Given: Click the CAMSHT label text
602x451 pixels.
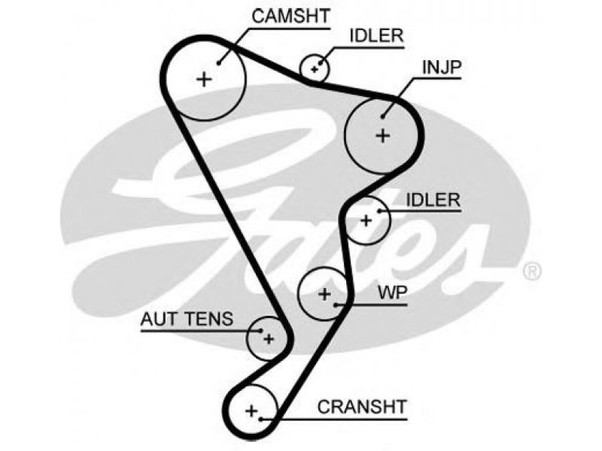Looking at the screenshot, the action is [x=291, y=16].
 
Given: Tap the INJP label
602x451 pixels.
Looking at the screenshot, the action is [x=442, y=67].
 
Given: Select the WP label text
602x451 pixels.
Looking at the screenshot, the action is [x=392, y=292].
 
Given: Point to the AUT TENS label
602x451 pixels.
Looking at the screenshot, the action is [x=187, y=319].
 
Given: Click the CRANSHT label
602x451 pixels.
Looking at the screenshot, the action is [x=362, y=407].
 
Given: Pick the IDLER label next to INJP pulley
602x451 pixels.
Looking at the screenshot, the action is [x=377, y=35].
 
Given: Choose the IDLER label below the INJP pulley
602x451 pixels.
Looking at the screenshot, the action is [x=433, y=200].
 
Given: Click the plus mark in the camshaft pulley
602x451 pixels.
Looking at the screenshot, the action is [x=204, y=80].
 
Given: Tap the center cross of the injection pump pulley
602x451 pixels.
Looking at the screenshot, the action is [x=383, y=135].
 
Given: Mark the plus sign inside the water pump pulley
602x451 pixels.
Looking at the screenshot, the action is [x=325, y=294].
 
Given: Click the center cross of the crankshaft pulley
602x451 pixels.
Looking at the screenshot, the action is [x=251, y=410].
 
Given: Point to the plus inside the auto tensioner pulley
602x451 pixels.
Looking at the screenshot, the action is [x=269, y=339].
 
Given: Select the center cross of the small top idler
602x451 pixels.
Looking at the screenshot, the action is [x=315, y=69].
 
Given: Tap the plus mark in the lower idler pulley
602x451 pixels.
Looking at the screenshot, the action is [x=366, y=220].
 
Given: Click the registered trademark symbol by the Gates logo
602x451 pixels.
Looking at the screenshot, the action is [x=533, y=271].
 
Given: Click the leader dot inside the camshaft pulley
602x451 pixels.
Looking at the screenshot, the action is [x=219, y=63].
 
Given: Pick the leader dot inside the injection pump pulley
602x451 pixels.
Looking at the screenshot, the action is [x=383, y=117].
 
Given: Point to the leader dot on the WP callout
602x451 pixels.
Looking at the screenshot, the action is [x=336, y=305].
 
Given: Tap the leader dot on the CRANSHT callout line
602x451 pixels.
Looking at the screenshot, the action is [x=260, y=419].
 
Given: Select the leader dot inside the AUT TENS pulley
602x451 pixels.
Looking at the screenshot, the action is [x=261, y=331].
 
